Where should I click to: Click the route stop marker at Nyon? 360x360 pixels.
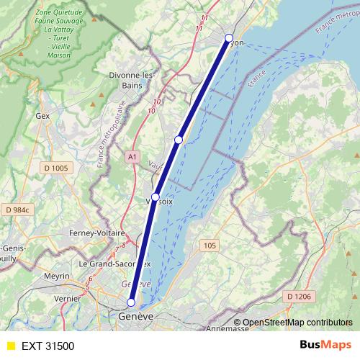click(x=229, y=38)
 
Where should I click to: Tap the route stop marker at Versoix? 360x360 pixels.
click(x=156, y=196)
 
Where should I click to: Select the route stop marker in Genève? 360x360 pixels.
click(x=131, y=302)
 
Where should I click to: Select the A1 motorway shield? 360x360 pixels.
click(x=132, y=156)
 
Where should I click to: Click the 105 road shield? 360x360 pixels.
click(x=209, y=246)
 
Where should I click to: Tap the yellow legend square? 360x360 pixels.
click(x=10, y=346)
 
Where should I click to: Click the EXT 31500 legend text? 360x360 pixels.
click(x=48, y=346)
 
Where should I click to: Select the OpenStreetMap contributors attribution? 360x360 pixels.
click(x=297, y=322)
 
